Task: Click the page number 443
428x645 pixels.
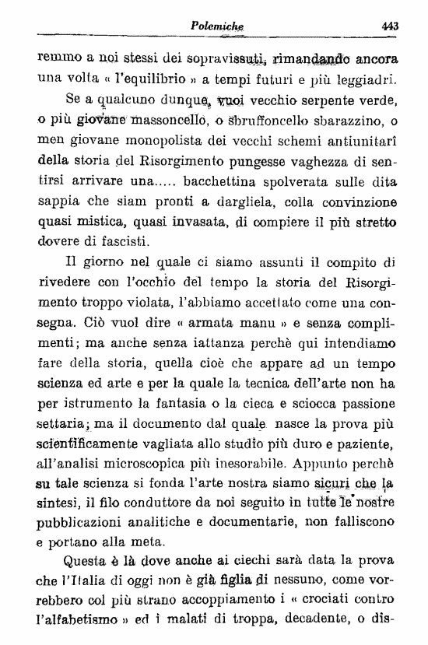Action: [390, 25]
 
